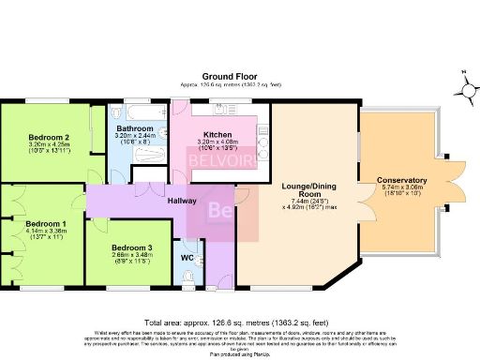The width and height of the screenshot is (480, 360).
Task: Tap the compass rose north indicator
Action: [x=466, y=90]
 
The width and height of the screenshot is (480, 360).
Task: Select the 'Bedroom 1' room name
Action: [x=46, y=224]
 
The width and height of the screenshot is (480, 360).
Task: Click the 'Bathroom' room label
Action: [x=134, y=128]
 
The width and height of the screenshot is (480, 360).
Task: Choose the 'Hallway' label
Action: [x=182, y=201]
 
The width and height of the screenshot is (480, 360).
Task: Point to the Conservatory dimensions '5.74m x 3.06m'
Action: [x=401, y=187]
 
